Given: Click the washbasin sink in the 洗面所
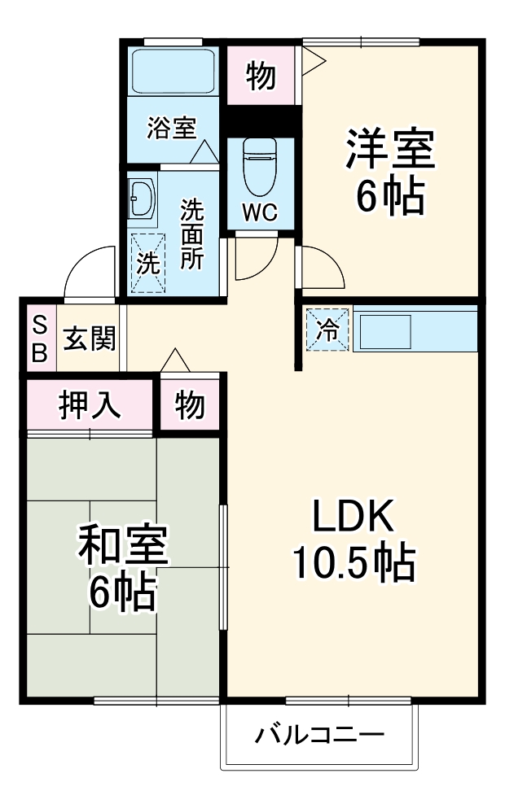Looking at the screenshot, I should pyautogui.click(x=142, y=199).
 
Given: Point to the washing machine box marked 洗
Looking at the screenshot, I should pyautogui.click(x=147, y=262).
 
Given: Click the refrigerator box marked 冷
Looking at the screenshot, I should pyautogui.click(x=327, y=330).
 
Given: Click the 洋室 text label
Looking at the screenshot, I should pyautogui.click(x=389, y=148).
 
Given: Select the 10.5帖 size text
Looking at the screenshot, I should pyautogui.click(x=353, y=561).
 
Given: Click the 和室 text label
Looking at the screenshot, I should pyautogui.click(x=122, y=547).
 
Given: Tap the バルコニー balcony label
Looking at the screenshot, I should pyautogui.click(x=319, y=736).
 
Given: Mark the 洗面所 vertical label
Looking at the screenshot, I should pyautogui.click(x=192, y=234).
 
